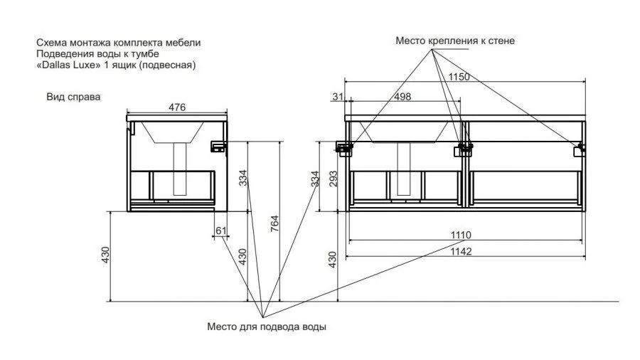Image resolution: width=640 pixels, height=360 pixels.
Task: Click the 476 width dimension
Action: tap(177, 107)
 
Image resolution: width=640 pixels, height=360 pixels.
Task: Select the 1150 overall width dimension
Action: tap(459, 77)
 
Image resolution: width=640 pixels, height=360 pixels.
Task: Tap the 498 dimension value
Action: tap(402, 97)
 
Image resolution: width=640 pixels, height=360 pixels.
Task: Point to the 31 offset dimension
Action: tap(338, 97)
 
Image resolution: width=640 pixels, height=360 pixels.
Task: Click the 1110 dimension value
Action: tap(461, 235)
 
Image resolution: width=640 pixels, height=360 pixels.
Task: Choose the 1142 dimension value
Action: tap(461, 251)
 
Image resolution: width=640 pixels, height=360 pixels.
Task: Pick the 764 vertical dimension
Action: tap(274, 223)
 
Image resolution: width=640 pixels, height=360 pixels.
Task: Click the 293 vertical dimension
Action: tap(334, 179)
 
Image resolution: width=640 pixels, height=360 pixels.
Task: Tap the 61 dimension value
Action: tap(221, 231)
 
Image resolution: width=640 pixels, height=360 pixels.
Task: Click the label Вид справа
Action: tap(73, 97)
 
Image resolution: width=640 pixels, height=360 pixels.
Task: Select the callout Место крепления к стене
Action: tap(455, 41)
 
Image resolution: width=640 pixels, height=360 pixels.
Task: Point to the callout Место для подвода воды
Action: tap(267, 327)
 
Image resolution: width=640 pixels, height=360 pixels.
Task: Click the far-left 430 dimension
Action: tap(106, 255)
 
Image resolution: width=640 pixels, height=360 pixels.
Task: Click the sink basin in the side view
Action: tap(173, 132)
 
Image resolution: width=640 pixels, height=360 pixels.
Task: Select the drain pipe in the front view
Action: tap(404, 169)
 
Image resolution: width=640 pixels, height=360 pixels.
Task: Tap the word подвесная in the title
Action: tap(167, 65)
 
